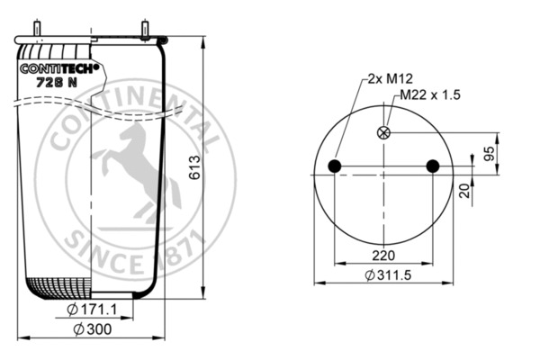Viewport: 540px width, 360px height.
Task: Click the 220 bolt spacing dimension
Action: coord(384,254)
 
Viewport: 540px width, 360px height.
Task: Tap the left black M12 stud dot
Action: coord(335,166)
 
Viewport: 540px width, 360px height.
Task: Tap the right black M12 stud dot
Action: coord(433,166)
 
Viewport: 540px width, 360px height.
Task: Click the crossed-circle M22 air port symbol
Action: coord(385,133)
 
